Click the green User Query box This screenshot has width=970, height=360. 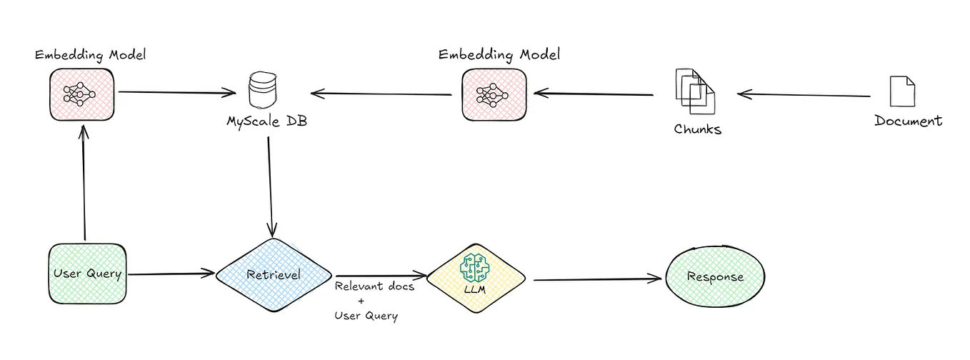(x=87, y=274)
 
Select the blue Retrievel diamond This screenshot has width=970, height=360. (x=273, y=274)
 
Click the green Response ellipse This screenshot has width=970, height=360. (x=715, y=277)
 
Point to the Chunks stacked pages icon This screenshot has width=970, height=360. (x=695, y=91)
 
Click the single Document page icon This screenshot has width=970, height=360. (x=902, y=91)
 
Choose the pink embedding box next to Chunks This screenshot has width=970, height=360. (x=494, y=94)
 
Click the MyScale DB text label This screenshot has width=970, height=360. (x=267, y=122)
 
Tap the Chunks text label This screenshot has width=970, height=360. (x=697, y=129)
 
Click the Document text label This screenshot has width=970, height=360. (x=908, y=121)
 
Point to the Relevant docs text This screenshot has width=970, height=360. (x=374, y=286)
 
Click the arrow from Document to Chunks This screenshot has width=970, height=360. (x=804, y=95)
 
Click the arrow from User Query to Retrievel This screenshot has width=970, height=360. (x=171, y=273)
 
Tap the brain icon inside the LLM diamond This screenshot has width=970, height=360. (x=474, y=269)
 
